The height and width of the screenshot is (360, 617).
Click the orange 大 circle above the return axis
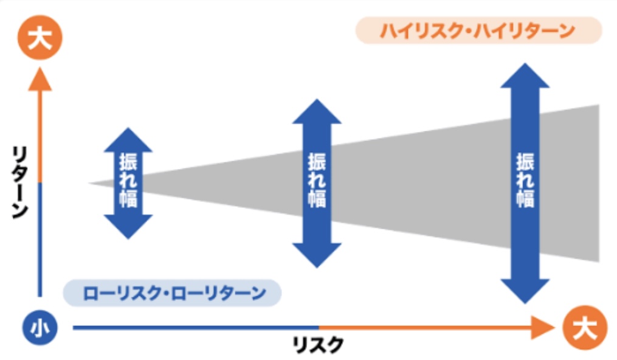(x=40, y=40)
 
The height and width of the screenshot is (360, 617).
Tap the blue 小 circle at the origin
(x=40, y=328)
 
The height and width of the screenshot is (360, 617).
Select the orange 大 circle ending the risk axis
(x=584, y=328)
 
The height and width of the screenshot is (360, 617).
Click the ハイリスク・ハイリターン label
(x=478, y=30)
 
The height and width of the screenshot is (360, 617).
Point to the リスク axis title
(x=319, y=345)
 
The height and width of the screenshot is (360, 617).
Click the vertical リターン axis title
(x=19, y=182)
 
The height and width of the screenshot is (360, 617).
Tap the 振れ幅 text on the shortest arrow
(x=128, y=182)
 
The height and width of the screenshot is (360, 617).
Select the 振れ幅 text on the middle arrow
(x=317, y=182)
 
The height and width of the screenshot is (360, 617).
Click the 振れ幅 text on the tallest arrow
(x=525, y=182)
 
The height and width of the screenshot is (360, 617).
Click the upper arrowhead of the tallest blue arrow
(x=525, y=76)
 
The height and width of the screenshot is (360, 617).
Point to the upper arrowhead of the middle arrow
(x=317, y=112)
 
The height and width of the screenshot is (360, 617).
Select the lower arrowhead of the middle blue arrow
(x=317, y=254)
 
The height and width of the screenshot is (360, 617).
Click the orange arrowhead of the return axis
(x=40, y=78)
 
